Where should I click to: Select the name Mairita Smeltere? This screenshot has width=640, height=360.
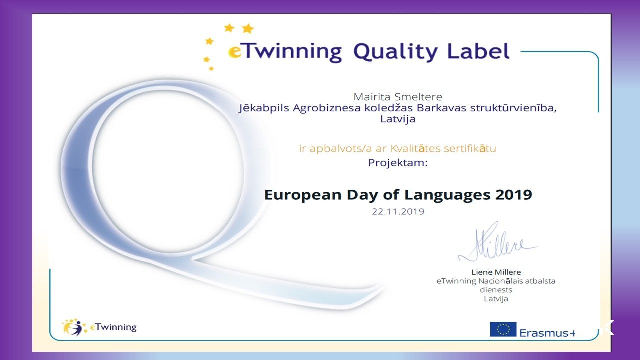(x=398, y=97)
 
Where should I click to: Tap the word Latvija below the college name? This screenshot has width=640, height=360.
(x=398, y=119)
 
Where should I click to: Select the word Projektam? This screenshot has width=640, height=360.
(x=398, y=163)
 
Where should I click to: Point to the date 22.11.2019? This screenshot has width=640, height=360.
(x=398, y=211)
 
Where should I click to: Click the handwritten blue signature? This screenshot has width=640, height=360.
(x=497, y=243)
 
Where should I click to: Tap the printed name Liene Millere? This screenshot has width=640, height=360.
(x=496, y=272)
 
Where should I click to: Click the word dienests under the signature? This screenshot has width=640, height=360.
(x=496, y=290)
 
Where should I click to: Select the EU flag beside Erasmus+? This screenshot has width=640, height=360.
(x=503, y=329)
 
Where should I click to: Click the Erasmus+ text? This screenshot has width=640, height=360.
(x=547, y=333)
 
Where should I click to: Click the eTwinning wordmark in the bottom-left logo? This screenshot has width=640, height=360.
(x=113, y=327)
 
